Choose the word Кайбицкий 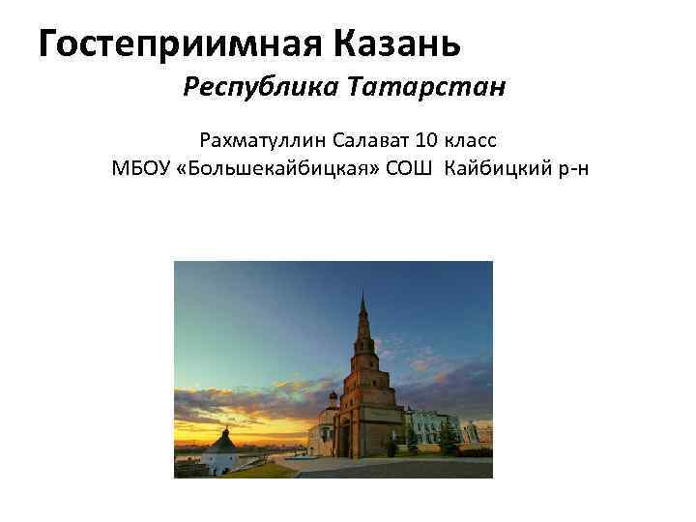click(x=489, y=168)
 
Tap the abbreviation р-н click(x=568, y=168)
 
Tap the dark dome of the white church click(x=333, y=396)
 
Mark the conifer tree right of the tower click(x=448, y=437)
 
